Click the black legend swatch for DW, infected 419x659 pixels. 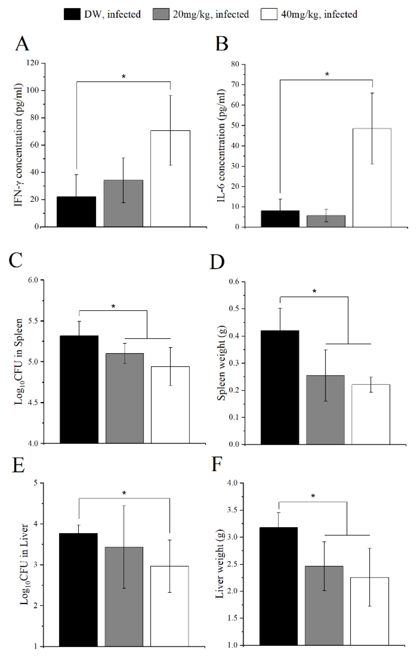point(72,14)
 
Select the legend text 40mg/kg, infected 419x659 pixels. point(319,14)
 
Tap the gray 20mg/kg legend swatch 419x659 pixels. point(161,14)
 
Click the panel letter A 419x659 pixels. point(22,44)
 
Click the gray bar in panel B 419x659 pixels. point(326,221)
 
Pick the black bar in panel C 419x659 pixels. point(79,389)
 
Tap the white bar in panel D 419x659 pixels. point(371,414)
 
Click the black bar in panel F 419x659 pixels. point(279,586)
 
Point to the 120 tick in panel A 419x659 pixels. point(32,63)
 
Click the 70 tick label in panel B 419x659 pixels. point(235,84)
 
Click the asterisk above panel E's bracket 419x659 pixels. point(124,493)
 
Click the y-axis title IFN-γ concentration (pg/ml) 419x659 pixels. point(18,145)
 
